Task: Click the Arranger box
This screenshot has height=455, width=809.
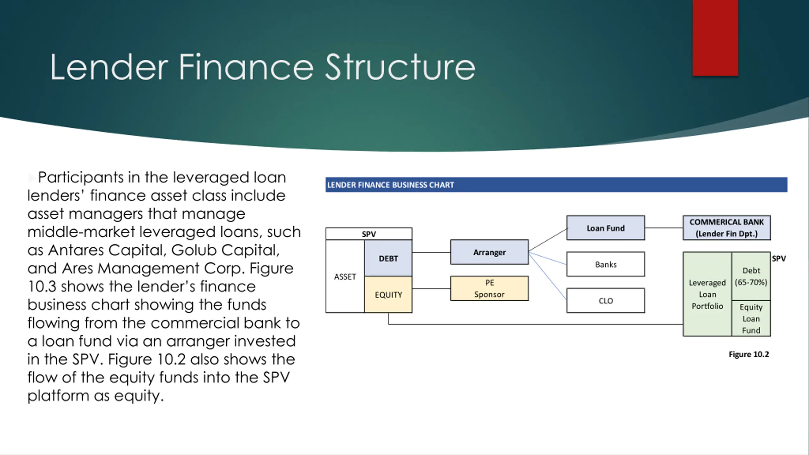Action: coord(489,252)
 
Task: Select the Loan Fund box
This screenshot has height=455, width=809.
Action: coord(605,228)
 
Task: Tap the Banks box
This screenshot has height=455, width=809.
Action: coord(605,264)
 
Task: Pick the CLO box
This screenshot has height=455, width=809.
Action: coord(605,300)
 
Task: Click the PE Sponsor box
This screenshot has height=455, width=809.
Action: coord(489,288)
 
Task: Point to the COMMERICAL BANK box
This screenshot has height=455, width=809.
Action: coord(727,228)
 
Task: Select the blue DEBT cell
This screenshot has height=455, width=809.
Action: coord(388,258)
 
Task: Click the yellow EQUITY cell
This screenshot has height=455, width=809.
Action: coord(388,295)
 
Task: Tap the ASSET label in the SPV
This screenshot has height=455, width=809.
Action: coord(345,277)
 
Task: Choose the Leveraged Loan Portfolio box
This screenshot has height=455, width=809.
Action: coord(707,294)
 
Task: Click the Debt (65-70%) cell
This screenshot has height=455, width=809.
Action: coord(751,276)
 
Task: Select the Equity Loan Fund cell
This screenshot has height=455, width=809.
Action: coord(751,318)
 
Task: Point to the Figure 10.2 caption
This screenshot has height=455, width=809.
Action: coord(749,354)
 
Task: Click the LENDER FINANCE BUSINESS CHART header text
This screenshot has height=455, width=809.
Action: coord(390,185)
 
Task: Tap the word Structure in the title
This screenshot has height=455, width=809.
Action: coord(400,67)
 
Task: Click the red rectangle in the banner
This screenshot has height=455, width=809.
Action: coord(715,38)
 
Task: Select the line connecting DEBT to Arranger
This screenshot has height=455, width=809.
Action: coord(431,252)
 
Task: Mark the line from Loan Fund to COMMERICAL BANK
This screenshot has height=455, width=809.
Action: coord(664,228)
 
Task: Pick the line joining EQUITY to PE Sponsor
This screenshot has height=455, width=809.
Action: coord(431,288)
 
